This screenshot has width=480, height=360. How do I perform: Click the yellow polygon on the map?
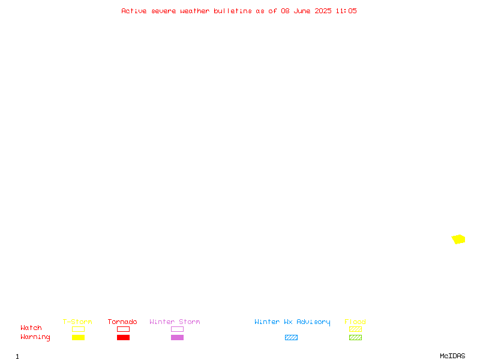pos(458,239)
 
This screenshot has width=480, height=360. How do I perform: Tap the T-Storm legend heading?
pos(77,322)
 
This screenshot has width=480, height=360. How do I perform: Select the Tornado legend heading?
pos(122,322)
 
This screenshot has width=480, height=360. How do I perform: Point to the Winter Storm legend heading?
pos(175,322)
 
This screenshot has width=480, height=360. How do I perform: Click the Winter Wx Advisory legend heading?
pos(292,322)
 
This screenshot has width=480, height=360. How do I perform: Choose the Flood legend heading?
pos(355,322)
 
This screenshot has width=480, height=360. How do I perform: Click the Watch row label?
pos(31,328)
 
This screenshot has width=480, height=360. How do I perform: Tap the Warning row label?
pos(35,337)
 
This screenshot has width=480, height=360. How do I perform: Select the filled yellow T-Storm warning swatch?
pos(79,337)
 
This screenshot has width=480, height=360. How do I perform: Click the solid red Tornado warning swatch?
pos(124,337)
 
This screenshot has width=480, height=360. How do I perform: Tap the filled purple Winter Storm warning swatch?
pos(177,337)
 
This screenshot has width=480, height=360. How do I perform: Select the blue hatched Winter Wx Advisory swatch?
pos(291,337)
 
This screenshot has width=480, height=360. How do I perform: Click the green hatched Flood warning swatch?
pos(355,337)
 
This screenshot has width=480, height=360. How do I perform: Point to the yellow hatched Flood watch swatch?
pos(355,329)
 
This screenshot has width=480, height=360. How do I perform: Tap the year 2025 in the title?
pos(323,11)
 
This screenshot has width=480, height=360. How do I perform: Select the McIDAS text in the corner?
pos(452,356)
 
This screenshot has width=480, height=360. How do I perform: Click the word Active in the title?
pos(134,11)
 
